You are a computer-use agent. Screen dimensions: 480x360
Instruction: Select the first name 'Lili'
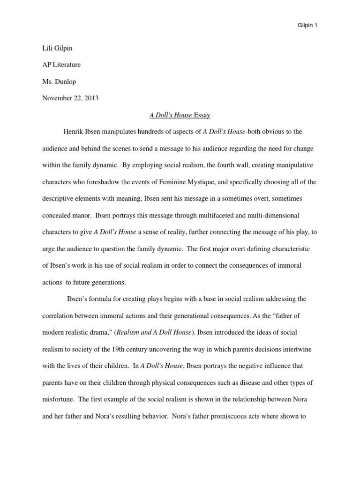[x=48, y=48]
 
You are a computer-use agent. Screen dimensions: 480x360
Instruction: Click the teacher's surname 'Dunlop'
[x=65, y=82]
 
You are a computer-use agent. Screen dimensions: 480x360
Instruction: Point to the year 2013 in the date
[x=91, y=98]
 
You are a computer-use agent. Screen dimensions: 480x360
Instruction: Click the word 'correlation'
[x=59, y=315]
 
